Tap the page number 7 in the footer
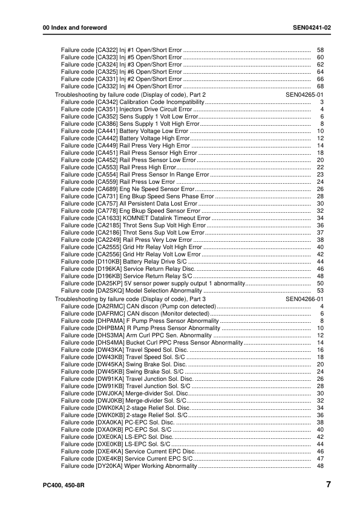coord(327,484)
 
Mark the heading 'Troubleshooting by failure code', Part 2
coord(131,95)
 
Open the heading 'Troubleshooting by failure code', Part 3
coord(131,299)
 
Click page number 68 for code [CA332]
coord(321,86)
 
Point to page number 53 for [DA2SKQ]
coord(321,291)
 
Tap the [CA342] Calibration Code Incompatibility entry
coord(129,102)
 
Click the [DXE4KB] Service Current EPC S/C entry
coord(127,459)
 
